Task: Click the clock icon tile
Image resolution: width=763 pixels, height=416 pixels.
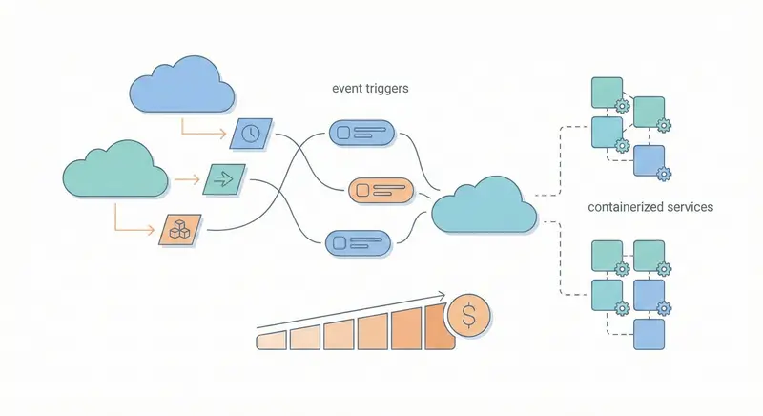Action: click(251, 134)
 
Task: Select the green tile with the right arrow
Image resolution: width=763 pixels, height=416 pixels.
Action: click(225, 177)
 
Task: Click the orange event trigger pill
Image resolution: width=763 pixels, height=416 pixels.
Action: click(380, 190)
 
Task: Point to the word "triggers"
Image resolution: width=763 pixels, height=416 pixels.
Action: click(390, 87)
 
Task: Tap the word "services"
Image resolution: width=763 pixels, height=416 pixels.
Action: click(690, 206)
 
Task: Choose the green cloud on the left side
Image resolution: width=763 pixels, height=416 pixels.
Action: click(111, 172)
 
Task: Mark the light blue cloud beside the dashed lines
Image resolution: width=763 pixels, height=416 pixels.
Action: click(484, 205)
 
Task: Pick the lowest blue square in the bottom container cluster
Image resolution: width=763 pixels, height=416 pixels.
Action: click(649, 334)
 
